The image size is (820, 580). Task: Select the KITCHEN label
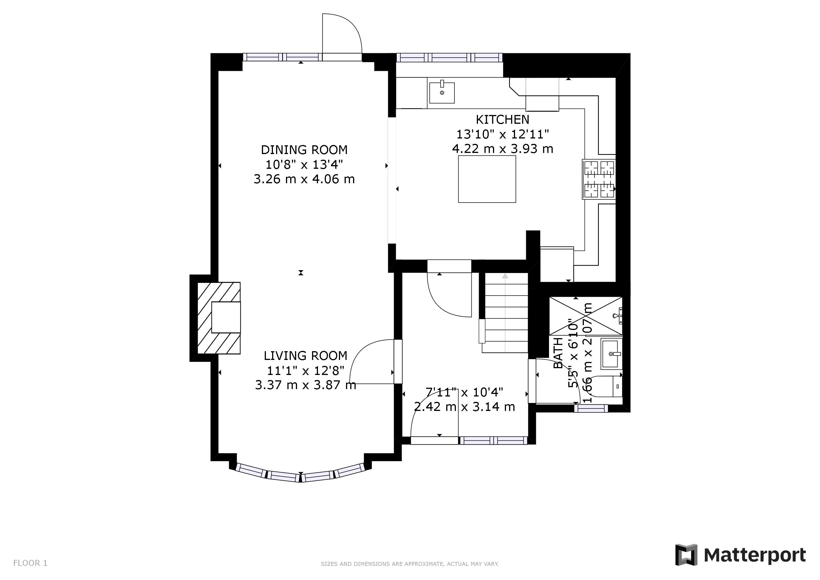tap(503, 119)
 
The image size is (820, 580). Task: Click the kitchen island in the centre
tap(487, 179)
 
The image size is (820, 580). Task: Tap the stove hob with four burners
tap(599, 179)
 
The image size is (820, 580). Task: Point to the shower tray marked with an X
tap(586, 316)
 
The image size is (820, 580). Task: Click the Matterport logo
tap(740, 555)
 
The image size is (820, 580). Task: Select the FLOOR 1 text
tap(30, 563)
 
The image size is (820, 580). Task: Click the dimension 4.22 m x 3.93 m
tap(503, 149)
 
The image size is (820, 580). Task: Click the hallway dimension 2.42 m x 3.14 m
tap(464, 406)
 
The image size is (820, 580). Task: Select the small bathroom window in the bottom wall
tap(591, 408)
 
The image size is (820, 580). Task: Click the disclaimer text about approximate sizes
tap(410, 564)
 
